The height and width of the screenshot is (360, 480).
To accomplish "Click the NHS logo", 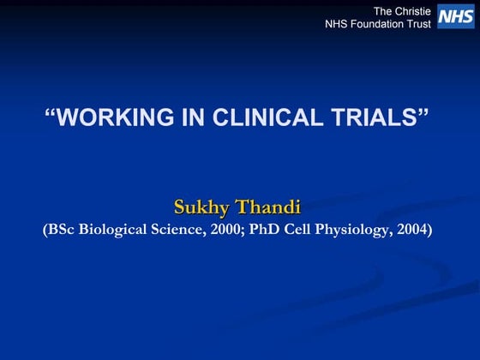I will pos(455,16).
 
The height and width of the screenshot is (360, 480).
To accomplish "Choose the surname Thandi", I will pos(270,207).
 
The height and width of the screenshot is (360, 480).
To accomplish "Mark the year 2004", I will pos(412,230).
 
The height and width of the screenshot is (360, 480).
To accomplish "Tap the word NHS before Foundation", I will pos(337,24).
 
